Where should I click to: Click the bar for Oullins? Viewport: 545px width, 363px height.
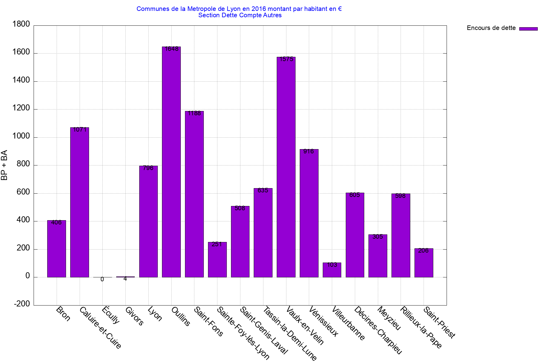(171, 162)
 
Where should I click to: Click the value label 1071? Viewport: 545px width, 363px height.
(80, 130)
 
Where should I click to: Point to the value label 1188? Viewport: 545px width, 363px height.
(194, 113)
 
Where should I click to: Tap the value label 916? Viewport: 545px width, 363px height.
(309, 152)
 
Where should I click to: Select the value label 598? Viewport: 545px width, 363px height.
(400, 196)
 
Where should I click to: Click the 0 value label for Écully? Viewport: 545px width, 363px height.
(102, 280)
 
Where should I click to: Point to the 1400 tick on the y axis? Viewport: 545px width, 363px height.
(21, 80)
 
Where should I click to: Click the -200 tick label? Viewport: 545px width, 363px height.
(22, 304)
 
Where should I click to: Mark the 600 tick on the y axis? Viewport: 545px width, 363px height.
(23, 192)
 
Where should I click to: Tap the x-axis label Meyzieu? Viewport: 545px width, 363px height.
(389, 318)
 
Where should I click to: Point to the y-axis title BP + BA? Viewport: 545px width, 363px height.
(4, 165)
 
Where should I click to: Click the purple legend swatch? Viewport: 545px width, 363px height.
(528, 29)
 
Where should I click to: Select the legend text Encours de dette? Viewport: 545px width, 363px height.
(491, 28)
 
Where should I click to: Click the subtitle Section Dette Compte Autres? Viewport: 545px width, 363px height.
(240, 15)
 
